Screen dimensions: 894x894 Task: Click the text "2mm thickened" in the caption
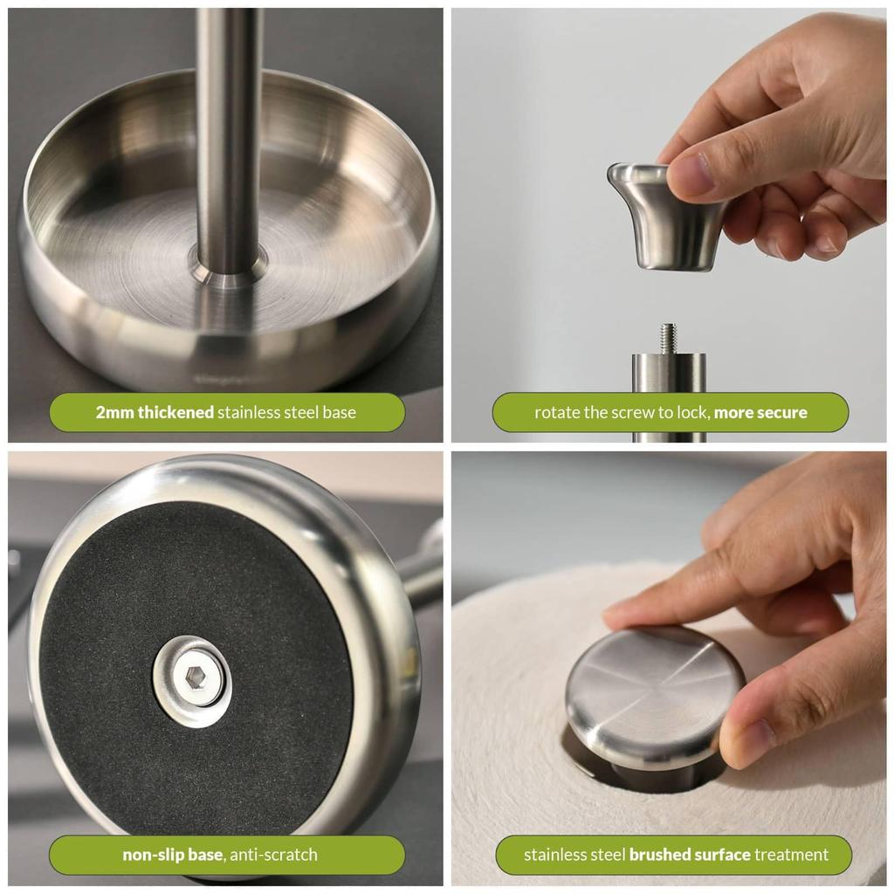(x=155, y=412)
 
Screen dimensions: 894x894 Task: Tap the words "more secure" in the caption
(x=760, y=412)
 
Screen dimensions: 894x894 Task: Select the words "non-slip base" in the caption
(x=172, y=855)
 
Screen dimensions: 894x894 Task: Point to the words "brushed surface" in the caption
(x=690, y=855)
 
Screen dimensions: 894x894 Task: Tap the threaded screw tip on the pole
(x=668, y=338)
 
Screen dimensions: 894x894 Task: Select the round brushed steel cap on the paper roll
(x=656, y=691)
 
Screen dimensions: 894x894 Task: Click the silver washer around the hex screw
(x=192, y=681)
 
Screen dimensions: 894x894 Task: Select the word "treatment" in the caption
(x=792, y=855)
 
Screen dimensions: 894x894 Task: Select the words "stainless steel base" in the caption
(x=286, y=412)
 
